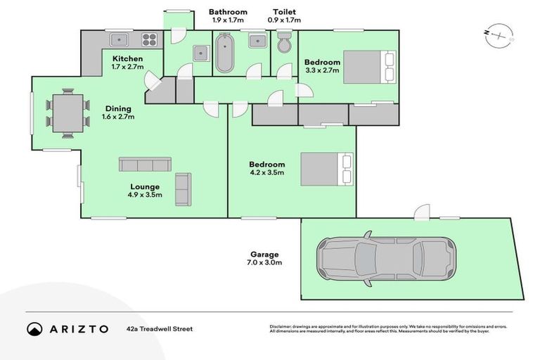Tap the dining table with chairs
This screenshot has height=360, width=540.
point(67,113)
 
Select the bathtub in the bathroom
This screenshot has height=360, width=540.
point(225,53)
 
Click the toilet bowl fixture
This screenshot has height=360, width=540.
point(284,44)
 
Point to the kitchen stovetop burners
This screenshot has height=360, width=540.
point(150,40)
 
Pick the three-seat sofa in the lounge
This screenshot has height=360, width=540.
point(145,165)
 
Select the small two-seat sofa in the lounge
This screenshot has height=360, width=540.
point(183,188)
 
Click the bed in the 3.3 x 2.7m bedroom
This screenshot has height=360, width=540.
point(370,67)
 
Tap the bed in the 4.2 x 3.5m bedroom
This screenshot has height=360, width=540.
point(327,169)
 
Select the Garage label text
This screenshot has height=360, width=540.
point(264,255)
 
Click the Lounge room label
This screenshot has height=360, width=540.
point(144,186)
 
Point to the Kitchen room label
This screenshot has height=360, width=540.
point(127,58)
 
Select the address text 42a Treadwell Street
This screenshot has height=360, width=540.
point(160,328)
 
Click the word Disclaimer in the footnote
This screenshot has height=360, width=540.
point(283,327)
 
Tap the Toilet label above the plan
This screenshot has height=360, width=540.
point(284,12)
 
